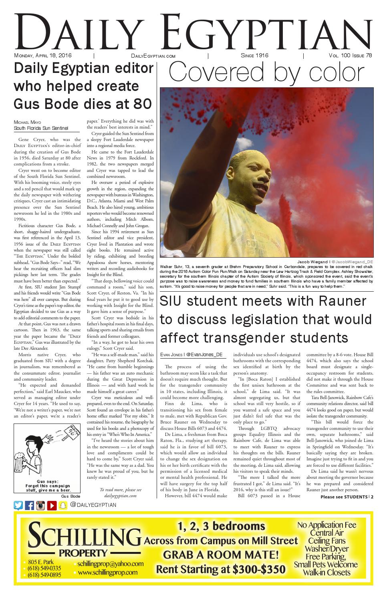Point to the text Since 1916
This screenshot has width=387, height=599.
click(x=254, y=56)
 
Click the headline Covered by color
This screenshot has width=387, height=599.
click(x=266, y=73)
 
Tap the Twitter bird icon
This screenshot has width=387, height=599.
click(x=18, y=505)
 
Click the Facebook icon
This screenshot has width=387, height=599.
click(x=29, y=505)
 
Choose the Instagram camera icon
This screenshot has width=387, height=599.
click(x=40, y=505)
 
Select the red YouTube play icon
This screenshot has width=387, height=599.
click(x=52, y=505)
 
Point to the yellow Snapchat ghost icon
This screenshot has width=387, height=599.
click(x=62, y=505)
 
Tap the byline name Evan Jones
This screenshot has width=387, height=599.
click(x=171, y=355)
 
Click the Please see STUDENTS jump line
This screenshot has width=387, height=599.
click(x=347, y=497)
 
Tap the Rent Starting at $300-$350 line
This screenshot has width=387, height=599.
click(x=220, y=569)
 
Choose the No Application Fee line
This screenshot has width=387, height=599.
click(x=327, y=525)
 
